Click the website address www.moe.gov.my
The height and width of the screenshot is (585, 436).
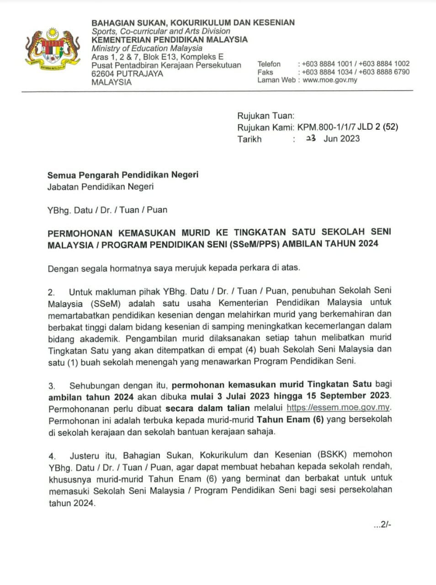point(330,80)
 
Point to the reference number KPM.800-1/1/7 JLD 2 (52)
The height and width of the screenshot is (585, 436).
point(347,127)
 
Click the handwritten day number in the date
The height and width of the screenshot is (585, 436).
point(311,138)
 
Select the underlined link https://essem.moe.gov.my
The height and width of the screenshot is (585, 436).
point(338,408)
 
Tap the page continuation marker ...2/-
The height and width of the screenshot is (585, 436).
point(382,525)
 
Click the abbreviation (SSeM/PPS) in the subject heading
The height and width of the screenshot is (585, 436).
point(255,244)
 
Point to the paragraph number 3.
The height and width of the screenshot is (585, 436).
point(52,386)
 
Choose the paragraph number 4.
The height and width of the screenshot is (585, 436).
point(53,456)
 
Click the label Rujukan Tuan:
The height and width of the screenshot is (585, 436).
point(266,116)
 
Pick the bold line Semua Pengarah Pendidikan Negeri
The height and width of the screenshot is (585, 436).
point(123,175)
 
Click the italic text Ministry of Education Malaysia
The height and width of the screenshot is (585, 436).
point(147,48)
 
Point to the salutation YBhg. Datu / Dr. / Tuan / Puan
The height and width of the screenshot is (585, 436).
point(107,210)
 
